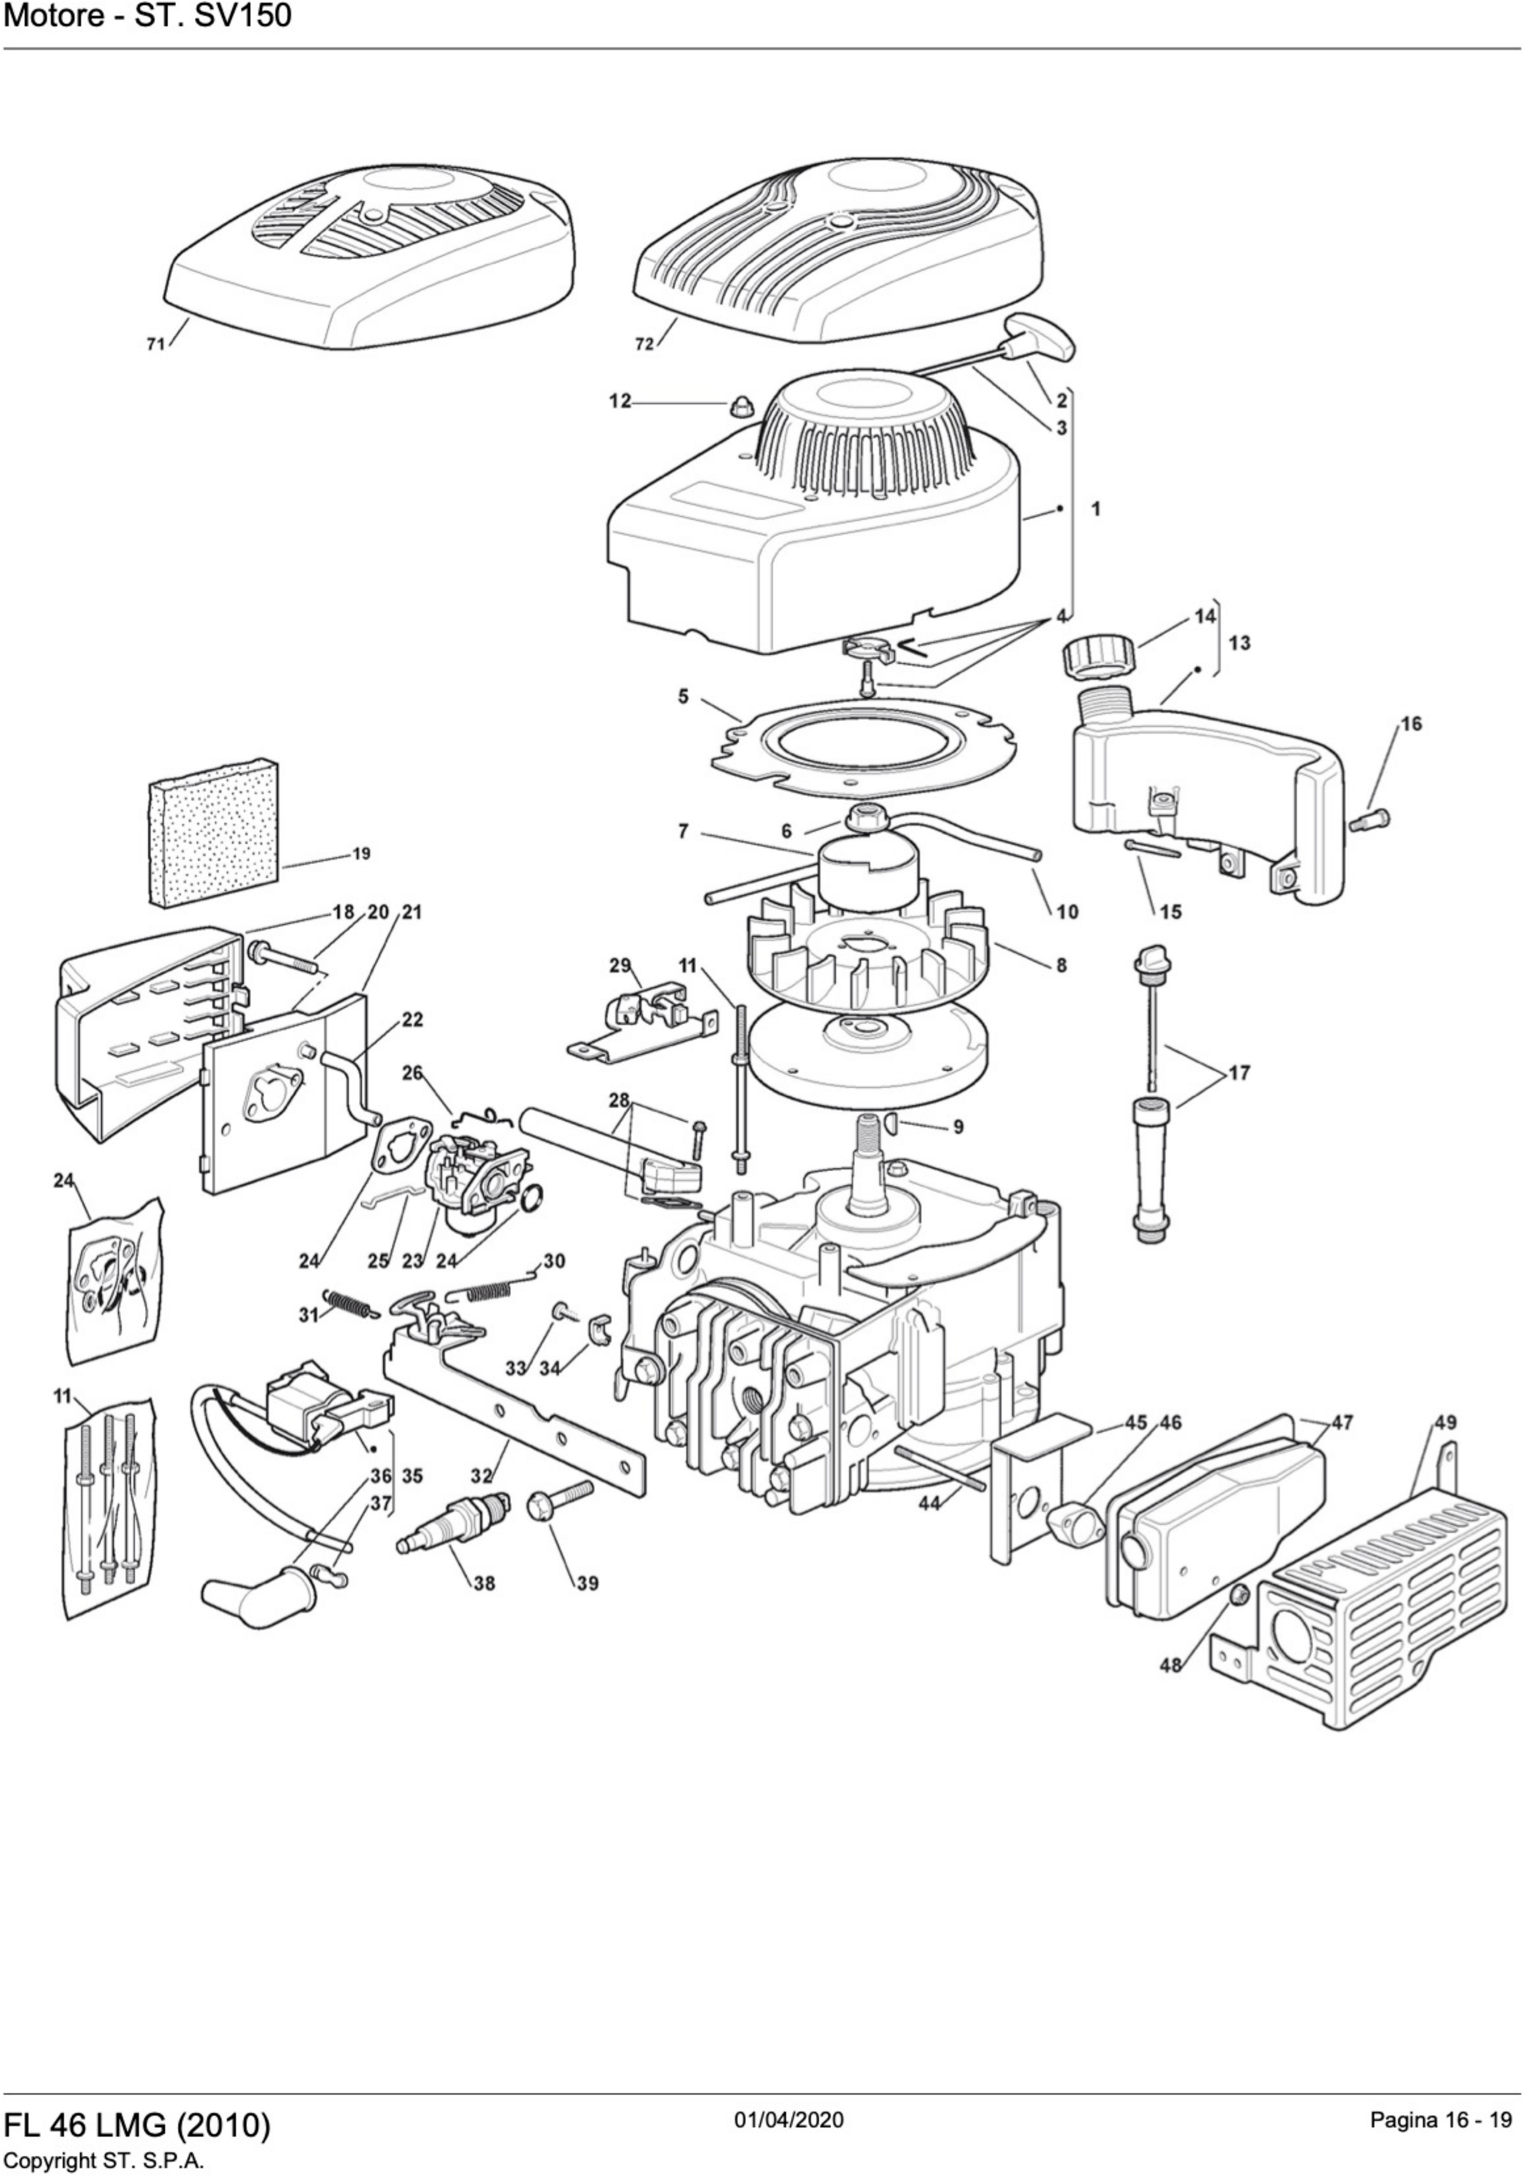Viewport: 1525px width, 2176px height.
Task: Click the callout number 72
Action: click(644, 345)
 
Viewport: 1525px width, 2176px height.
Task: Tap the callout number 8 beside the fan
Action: click(1060, 966)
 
